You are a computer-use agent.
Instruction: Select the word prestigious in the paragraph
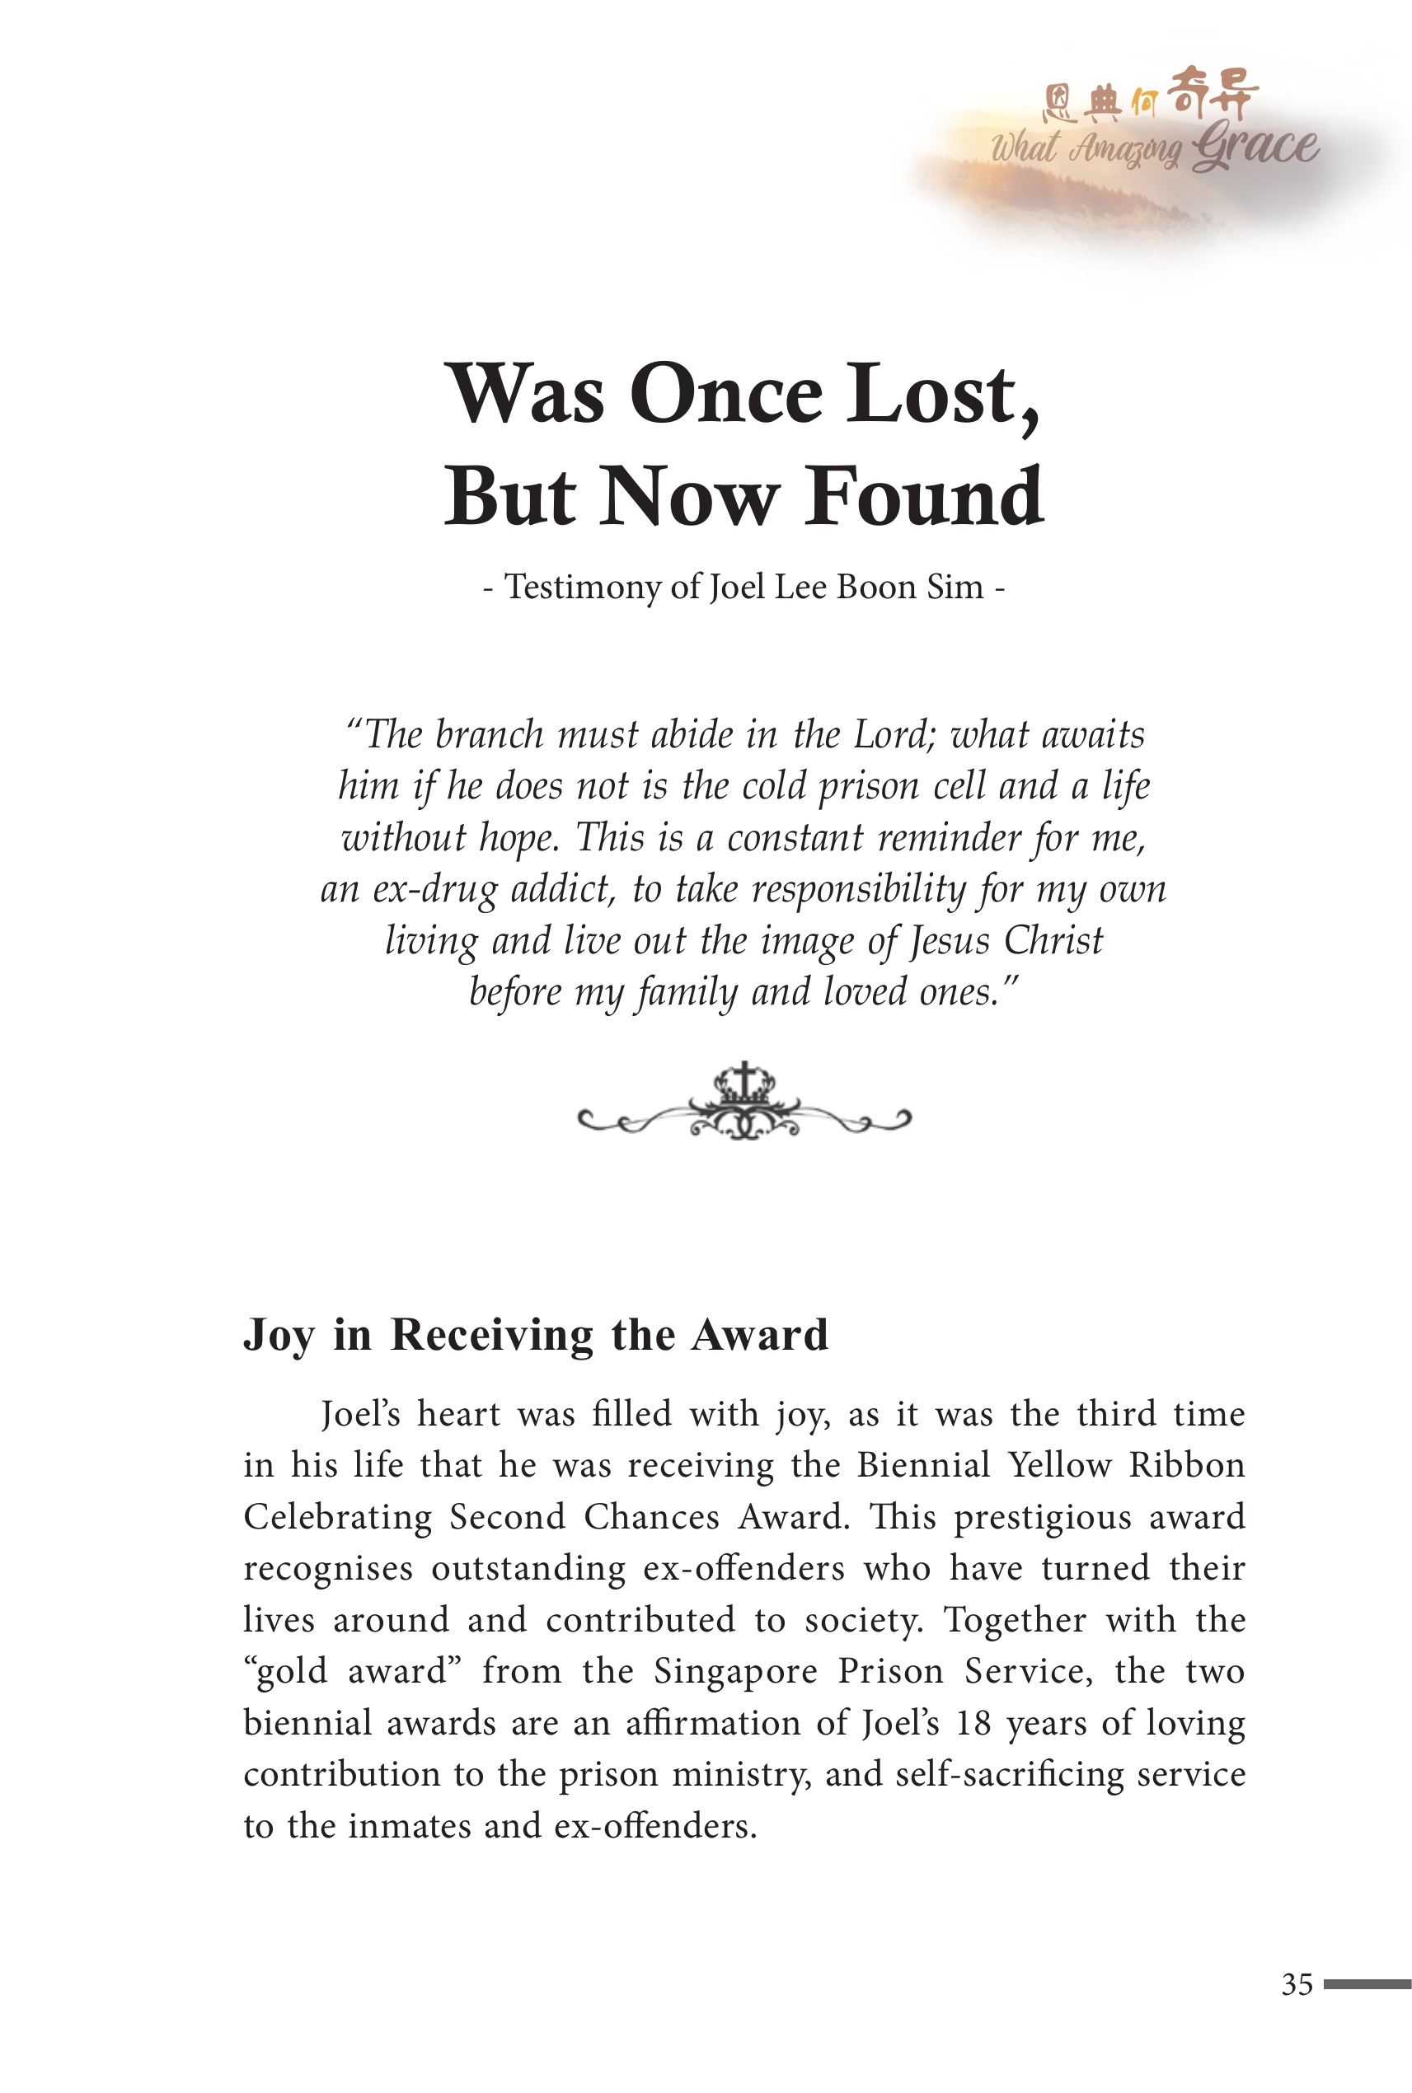coord(1042,1517)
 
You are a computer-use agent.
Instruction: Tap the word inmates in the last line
coord(409,1826)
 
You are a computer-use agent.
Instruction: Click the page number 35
coord(1297,1984)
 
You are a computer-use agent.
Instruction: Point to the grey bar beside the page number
coord(1366,1984)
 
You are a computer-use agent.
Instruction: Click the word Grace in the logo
coord(1256,147)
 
